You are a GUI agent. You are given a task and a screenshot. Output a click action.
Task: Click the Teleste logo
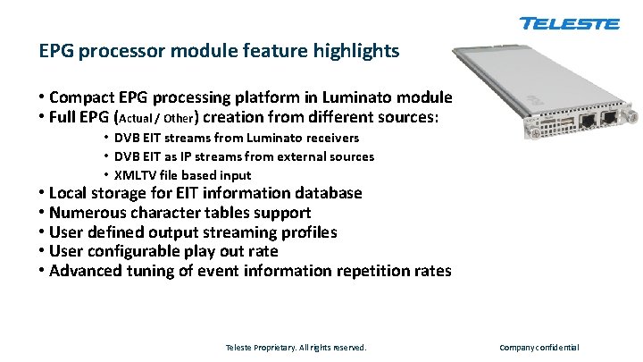[569, 24]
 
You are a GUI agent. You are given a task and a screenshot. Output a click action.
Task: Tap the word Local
[69, 193]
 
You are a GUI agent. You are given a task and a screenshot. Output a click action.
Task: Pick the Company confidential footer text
[539, 347]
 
